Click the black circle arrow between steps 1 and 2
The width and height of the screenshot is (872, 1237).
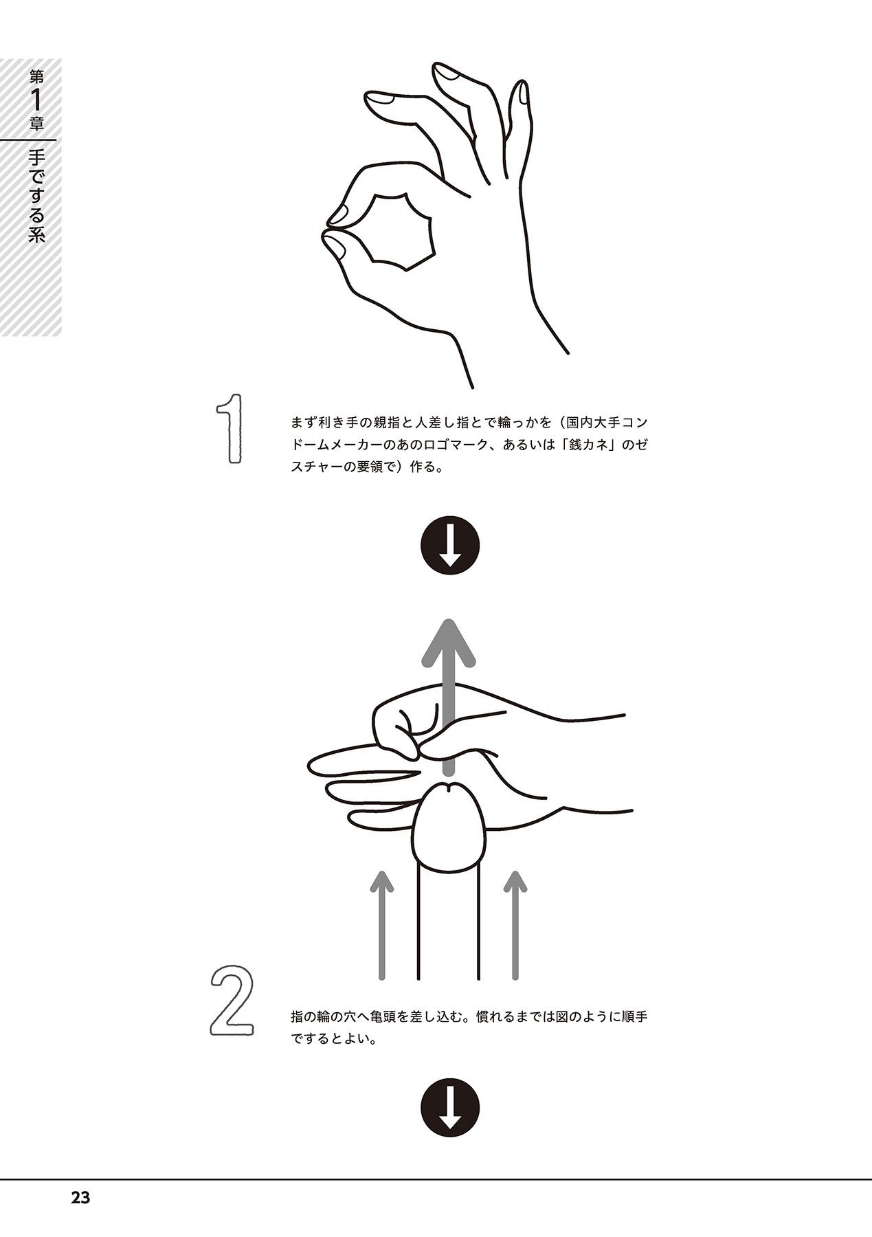pyautogui.click(x=450, y=548)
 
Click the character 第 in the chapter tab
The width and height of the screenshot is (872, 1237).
pyautogui.click(x=36, y=76)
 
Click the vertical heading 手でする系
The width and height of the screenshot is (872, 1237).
pyautogui.click(x=36, y=197)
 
